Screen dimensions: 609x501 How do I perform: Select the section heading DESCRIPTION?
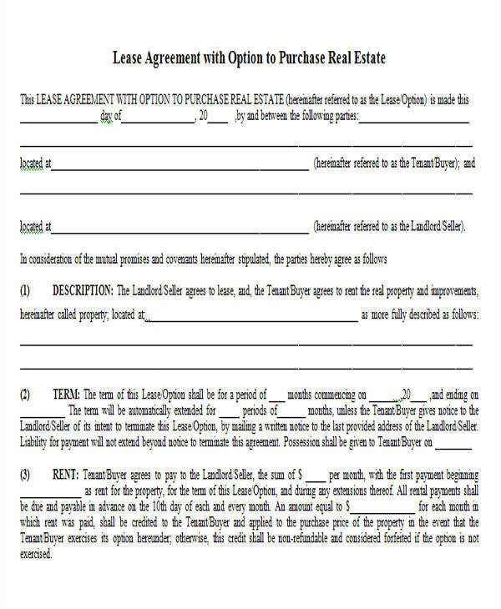(x=83, y=290)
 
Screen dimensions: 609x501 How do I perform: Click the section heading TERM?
(x=66, y=395)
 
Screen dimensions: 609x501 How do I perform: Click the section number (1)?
(x=25, y=290)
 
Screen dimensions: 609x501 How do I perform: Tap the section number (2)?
(x=25, y=395)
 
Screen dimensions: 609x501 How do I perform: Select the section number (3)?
(x=25, y=475)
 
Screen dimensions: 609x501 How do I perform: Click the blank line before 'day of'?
(x=58, y=121)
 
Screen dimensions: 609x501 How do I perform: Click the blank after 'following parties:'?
(x=415, y=121)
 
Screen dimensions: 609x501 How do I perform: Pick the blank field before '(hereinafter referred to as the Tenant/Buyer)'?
(x=180, y=168)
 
